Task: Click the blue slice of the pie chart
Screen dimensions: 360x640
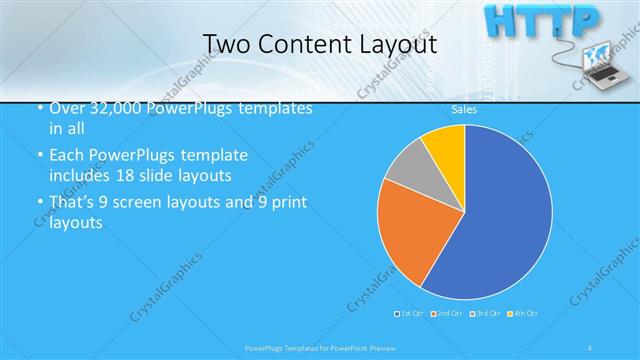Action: (x=500, y=220)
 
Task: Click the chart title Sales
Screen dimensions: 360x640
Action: (x=464, y=110)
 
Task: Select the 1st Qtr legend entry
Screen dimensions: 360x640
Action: (x=410, y=314)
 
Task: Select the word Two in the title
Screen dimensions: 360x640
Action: (x=225, y=44)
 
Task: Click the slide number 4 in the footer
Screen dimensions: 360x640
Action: (x=593, y=347)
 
